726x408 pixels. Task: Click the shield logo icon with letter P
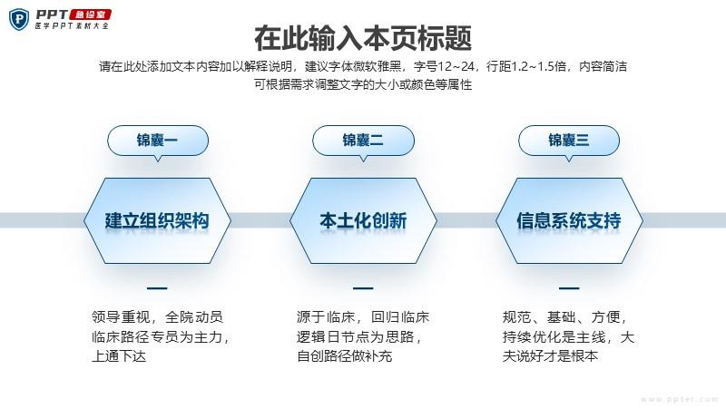pyautogui.click(x=19, y=19)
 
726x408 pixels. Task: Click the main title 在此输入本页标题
pyautogui.click(x=363, y=38)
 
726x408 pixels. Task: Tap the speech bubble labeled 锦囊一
pyautogui.click(x=158, y=141)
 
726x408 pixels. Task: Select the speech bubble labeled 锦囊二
pyautogui.click(x=364, y=141)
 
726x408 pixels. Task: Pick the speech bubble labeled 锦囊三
pyautogui.click(x=569, y=141)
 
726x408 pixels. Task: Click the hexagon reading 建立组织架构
pyautogui.click(x=157, y=220)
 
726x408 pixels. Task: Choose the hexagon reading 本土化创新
pyautogui.click(x=363, y=220)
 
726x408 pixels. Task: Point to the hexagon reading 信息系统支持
pyautogui.click(x=569, y=220)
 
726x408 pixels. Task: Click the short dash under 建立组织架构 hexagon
pyautogui.click(x=157, y=288)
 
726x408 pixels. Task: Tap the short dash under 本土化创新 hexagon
pyautogui.click(x=363, y=288)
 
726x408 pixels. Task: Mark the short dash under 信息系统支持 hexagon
pyautogui.click(x=569, y=288)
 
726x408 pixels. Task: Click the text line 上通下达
pyautogui.click(x=119, y=356)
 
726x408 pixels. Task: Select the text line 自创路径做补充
pyautogui.click(x=345, y=356)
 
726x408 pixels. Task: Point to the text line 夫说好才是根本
pyautogui.click(x=550, y=356)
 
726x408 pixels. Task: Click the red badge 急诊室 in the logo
pyautogui.click(x=90, y=15)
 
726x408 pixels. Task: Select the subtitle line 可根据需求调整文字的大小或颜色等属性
pyautogui.click(x=363, y=84)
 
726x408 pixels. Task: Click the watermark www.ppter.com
pyautogui.click(x=680, y=399)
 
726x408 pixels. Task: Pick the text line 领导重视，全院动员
pyautogui.click(x=157, y=317)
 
